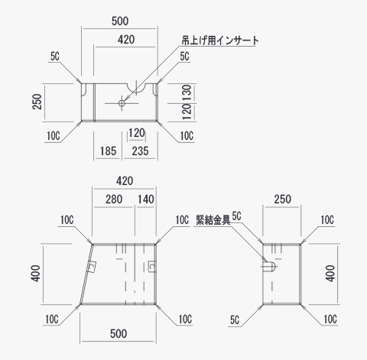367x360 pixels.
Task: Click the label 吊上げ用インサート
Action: [220, 41]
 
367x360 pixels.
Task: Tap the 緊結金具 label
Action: [213, 220]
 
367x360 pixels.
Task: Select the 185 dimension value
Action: [108, 151]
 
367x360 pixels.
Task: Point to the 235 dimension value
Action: [140, 151]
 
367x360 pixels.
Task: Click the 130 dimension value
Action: [187, 93]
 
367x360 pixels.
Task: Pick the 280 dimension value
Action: [114, 199]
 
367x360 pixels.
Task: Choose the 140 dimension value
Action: [146, 199]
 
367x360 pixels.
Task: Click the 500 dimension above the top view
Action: [120, 21]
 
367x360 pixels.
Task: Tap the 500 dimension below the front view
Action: [119, 333]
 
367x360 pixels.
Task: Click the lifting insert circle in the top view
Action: [122, 103]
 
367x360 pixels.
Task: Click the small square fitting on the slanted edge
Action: [92, 267]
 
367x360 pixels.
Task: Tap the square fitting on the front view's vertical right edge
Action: [152, 267]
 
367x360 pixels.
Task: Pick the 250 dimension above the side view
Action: [282, 199]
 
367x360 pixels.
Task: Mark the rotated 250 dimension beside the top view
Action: [37, 102]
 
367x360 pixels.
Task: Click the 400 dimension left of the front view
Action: [36, 274]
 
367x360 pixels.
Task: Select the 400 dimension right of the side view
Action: [330, 274]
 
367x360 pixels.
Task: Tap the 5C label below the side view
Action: [235, 319]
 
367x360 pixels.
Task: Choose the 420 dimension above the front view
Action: [125, 181]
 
